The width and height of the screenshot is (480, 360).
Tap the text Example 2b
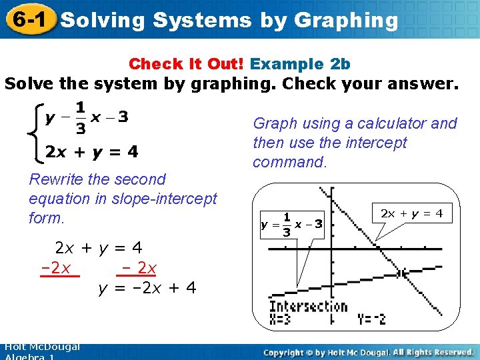click(300, 64)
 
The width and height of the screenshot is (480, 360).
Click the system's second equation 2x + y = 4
click(91, 152)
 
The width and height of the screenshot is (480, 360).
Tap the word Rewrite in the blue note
click(56, 179)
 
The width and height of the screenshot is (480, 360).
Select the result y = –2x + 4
click(147, 289)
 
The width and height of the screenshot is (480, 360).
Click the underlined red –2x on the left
click(59, 269)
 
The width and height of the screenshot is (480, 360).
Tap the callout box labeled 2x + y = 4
click(411, 213)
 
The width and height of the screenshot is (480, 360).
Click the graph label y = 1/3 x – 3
click(291, 225)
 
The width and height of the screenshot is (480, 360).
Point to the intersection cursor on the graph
click(401, 273)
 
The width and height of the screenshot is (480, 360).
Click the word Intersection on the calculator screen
click(308, 306)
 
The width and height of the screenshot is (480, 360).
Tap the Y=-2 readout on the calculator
click(371, 319)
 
